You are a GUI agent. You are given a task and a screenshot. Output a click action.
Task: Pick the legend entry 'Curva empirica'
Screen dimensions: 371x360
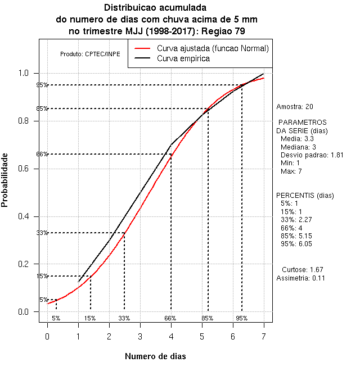click(x=183, y=58)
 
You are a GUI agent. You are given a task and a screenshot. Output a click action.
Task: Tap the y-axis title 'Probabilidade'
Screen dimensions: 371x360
click(x=5, y=180)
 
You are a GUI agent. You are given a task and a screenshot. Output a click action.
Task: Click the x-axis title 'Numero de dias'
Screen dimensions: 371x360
click(x=155, y=356)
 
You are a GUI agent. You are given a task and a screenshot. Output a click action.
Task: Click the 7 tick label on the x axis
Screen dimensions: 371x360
click(x=263, y=336)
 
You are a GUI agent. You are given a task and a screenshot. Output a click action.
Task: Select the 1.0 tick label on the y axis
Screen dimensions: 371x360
click(x=26, y=74)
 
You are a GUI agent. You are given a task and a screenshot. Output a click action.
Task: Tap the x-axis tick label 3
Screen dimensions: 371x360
click(x=140, y=336)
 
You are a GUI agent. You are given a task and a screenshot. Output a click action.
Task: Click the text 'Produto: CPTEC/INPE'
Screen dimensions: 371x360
click(x=90, y=54)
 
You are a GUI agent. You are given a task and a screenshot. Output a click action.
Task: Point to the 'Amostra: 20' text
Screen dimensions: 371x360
click(x=295, y=106)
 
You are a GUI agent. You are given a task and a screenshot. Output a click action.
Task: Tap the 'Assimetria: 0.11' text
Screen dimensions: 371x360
click(x=300, y=278)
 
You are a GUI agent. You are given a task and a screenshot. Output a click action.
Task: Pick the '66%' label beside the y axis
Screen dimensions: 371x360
click(x=42, y=154)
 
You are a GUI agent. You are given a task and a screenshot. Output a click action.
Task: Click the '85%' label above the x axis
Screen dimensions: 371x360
click(x=208, y=319)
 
